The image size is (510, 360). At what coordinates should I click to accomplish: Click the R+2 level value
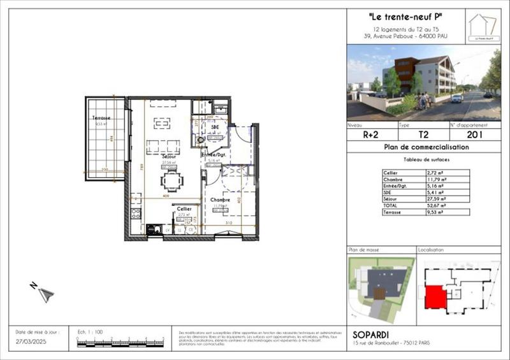tap(372, 134)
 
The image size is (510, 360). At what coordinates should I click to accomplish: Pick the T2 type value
tap(423, 134)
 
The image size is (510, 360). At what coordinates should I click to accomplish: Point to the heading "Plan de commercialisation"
tap(427, 147)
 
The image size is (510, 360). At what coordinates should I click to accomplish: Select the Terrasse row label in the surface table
tap(391, 212)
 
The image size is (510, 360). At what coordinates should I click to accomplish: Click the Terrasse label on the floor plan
tap(100, 118)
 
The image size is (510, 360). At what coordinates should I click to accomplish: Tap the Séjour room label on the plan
tap(169, 156)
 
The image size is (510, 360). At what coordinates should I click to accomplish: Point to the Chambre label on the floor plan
tap(220, 199)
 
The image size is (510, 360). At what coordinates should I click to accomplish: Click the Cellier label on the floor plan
tap(184, 209)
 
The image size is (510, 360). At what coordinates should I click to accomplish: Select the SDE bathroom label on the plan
tap(215, 127)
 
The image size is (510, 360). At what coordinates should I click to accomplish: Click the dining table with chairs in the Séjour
tap(171, 182)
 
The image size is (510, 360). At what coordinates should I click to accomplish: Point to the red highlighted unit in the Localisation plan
tap(435, 296)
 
